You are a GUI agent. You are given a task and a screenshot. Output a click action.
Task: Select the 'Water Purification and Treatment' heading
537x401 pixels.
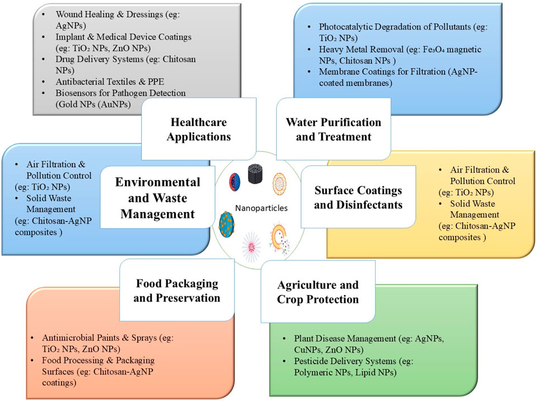(333, 129)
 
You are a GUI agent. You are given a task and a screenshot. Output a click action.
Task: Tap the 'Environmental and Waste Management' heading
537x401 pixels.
(157, 198)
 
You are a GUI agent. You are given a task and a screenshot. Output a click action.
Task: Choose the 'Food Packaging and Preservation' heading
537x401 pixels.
(177, 290)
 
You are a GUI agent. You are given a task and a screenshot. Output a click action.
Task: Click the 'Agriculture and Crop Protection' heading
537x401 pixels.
(318, 292)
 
